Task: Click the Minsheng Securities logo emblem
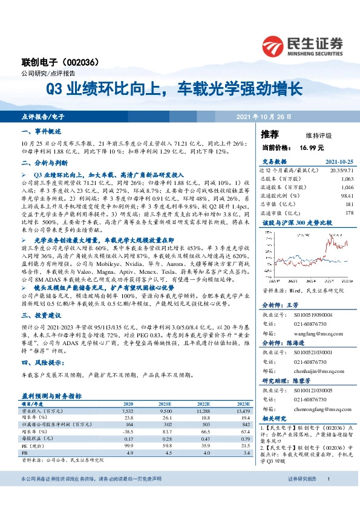tap(274, 45)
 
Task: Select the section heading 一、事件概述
tap(41, 131)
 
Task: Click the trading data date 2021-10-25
tap(339, 162)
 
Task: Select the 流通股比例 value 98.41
tap(346, 196)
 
